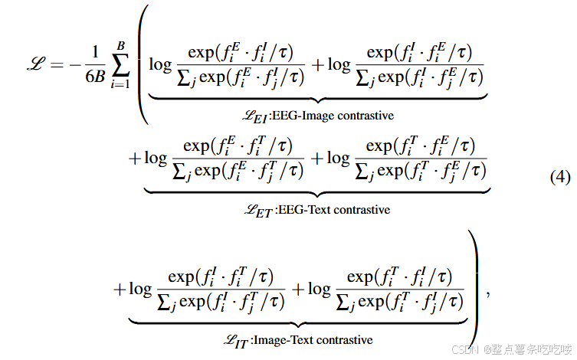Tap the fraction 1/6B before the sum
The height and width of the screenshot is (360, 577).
(95, 64)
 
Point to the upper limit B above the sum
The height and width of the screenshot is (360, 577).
(120, 45)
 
